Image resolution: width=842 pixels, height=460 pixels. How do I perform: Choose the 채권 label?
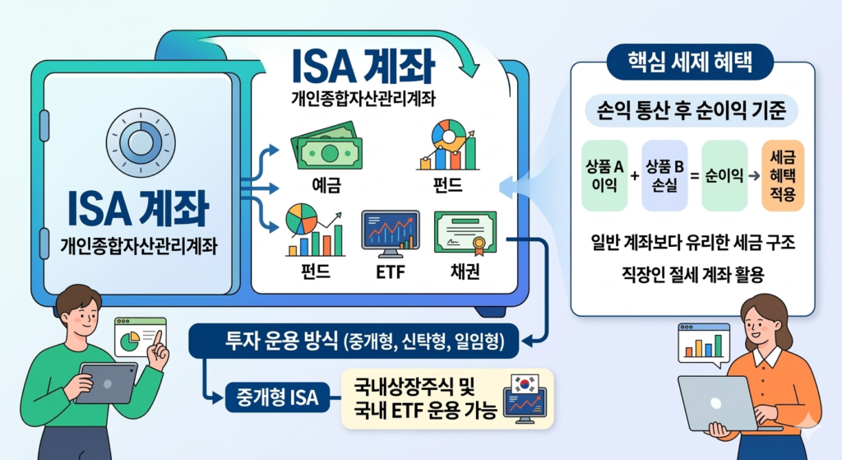[466, 270]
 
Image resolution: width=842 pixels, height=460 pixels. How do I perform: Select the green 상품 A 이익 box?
[604, 174]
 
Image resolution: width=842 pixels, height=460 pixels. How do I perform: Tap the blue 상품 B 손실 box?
[664, 174]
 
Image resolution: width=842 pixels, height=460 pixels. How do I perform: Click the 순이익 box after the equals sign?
[724, 174]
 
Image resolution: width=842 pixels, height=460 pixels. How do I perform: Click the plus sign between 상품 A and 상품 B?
[634, 174]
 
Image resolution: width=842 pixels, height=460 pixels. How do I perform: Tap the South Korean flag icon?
[523, 383]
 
